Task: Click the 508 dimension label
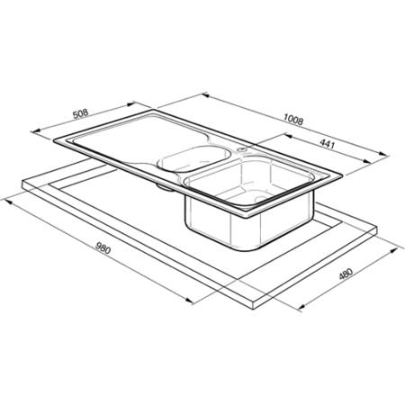81,114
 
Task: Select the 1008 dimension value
293,120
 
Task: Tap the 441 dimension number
327,144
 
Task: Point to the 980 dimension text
103,247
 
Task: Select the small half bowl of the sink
194,159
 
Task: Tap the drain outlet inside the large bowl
260,198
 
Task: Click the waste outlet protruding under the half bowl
165,187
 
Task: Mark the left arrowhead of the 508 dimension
36,131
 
